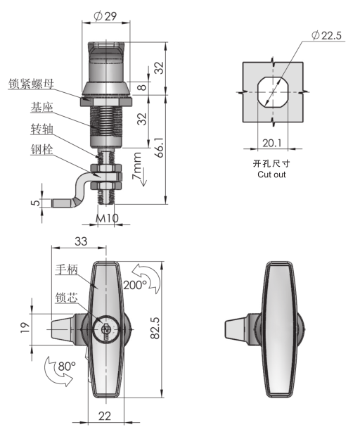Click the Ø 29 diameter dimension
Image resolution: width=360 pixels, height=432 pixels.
pyautogui.click(x=105, y=17)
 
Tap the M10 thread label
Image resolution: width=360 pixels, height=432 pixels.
pyautogui.click(x=107, y=218)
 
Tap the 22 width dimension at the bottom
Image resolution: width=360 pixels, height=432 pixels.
pyautogui.click(x=104, y=417)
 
